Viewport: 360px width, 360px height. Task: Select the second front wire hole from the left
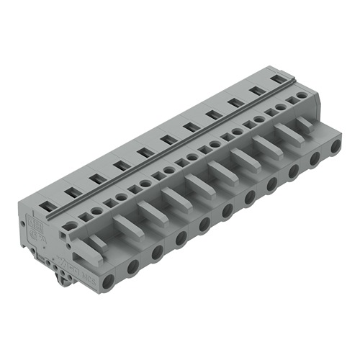(x=133, y=268)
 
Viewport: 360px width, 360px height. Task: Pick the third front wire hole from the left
(x=157, y=253)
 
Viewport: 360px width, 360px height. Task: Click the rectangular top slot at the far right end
(x=277, y=78)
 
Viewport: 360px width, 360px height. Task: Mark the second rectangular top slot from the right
(x=256, y=91)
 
